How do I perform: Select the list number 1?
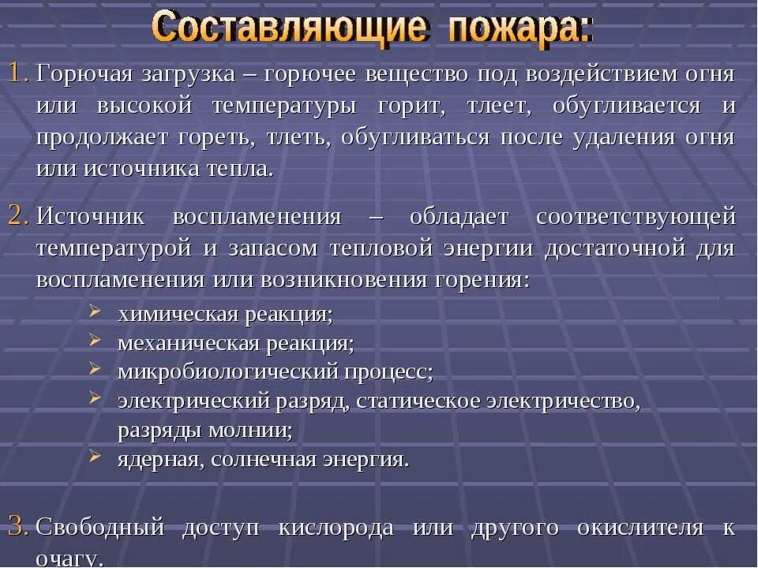[18, 74]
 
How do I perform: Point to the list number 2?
[18, 216]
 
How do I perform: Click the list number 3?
[18, 526]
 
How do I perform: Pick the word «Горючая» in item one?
[84, 75]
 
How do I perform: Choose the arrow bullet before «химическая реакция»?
[95, 312]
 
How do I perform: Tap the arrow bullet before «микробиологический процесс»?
[95, 368]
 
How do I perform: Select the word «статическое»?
[417, 401]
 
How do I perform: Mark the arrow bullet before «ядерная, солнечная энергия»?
[95, 455]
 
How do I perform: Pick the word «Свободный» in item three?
[99, 527]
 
